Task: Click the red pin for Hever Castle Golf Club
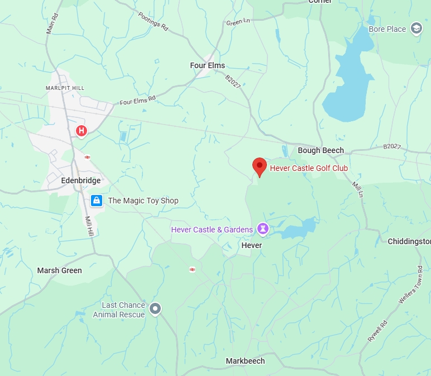(x=259, y=166)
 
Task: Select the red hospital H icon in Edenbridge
(x=82, y=131)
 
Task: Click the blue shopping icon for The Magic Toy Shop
(x=97, y=200)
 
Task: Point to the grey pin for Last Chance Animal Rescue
(x=155, y=308)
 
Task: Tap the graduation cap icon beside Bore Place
(x=416, y=28)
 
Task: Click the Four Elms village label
(x=208, y=65)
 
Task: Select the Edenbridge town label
(x=82, y=181)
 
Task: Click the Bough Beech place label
(x=320, y=150)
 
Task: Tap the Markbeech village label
(x=245, y=361)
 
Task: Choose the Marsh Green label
(x=59, y=270)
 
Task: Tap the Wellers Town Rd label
(x=409, y=290)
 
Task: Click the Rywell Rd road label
(x=377, y=331)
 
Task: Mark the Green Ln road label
(x=238, y=22)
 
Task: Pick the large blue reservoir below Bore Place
(x=347, y=84)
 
